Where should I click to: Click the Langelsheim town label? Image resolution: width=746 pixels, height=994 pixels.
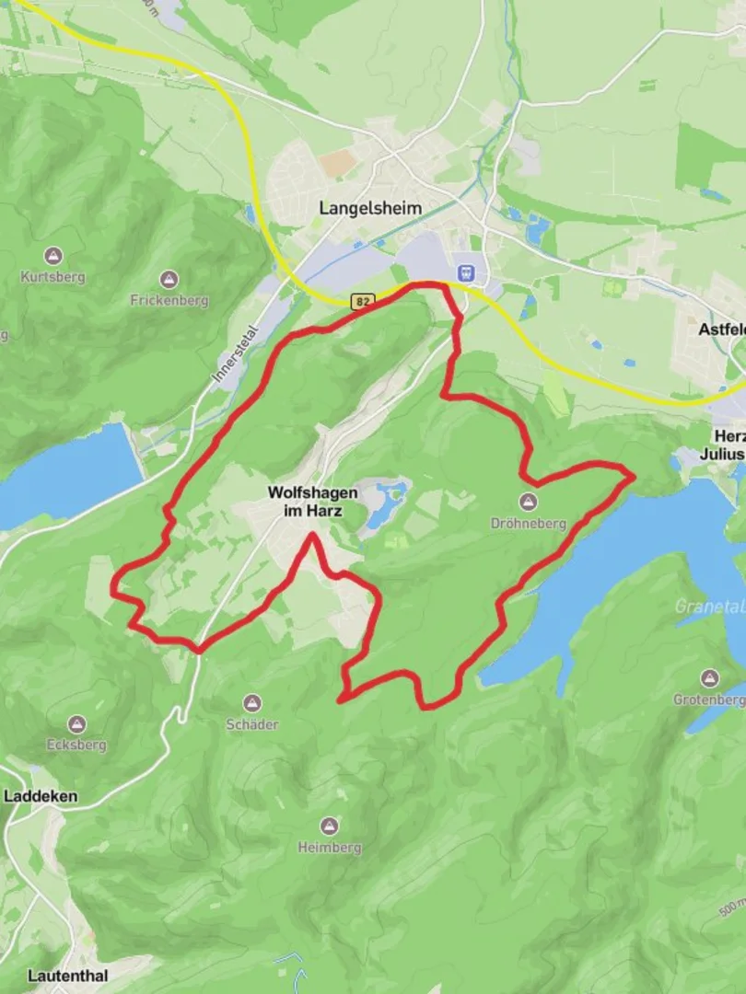(370, 208)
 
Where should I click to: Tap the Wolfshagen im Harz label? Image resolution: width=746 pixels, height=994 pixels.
(312, 501)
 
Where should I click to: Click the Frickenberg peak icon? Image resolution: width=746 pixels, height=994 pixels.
(169, 279)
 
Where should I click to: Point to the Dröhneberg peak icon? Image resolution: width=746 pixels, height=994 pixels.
(527, 502)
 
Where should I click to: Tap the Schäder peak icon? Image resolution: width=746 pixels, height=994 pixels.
(251, 703)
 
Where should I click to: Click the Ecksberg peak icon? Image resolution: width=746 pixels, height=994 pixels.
(76, 724)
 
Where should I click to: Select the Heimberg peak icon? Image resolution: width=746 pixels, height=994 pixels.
(329, 826)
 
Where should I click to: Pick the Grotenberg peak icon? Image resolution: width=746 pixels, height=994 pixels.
(708, 679)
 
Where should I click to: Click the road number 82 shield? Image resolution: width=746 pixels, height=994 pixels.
(362, 301)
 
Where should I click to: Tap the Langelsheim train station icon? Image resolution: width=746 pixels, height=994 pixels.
(466, 273)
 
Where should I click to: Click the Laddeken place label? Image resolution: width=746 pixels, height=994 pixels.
(41, 796)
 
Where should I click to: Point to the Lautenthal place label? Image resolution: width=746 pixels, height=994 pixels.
(67, 976)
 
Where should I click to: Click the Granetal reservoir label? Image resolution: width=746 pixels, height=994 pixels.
(709, 607)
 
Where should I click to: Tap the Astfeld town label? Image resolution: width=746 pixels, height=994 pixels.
(722, 329)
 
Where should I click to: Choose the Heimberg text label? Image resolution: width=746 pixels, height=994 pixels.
(329, 848)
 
